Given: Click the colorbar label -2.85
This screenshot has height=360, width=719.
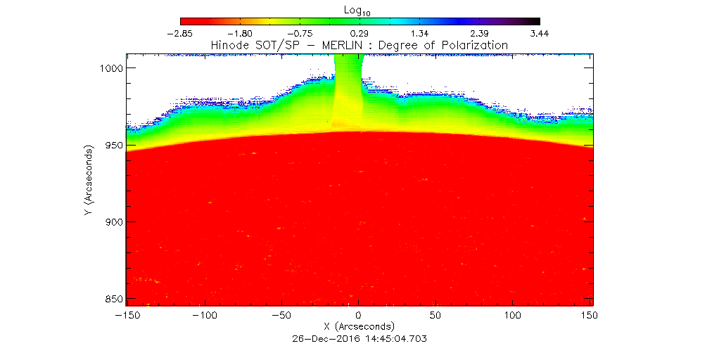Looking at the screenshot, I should coord(180,33).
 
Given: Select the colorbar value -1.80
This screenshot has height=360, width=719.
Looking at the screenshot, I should coord(240,33).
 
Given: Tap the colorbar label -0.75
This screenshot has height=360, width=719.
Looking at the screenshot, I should coord(300,33).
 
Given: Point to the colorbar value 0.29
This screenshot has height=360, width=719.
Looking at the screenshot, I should coord(360,33).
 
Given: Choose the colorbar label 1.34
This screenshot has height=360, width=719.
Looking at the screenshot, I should coord(420,33).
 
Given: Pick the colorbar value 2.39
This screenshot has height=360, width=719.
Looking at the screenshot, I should coord(480,33).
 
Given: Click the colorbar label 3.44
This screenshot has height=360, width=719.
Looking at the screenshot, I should coord(540,33).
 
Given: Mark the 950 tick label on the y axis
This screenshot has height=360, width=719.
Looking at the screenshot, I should coord(110,146).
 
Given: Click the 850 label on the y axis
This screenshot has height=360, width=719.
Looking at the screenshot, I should coord(110,299).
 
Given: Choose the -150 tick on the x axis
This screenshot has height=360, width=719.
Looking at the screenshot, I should coord(126,316).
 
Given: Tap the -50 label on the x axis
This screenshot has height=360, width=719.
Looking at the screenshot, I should coord(281,316).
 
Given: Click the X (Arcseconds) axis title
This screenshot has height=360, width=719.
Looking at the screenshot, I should coord(359,327).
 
